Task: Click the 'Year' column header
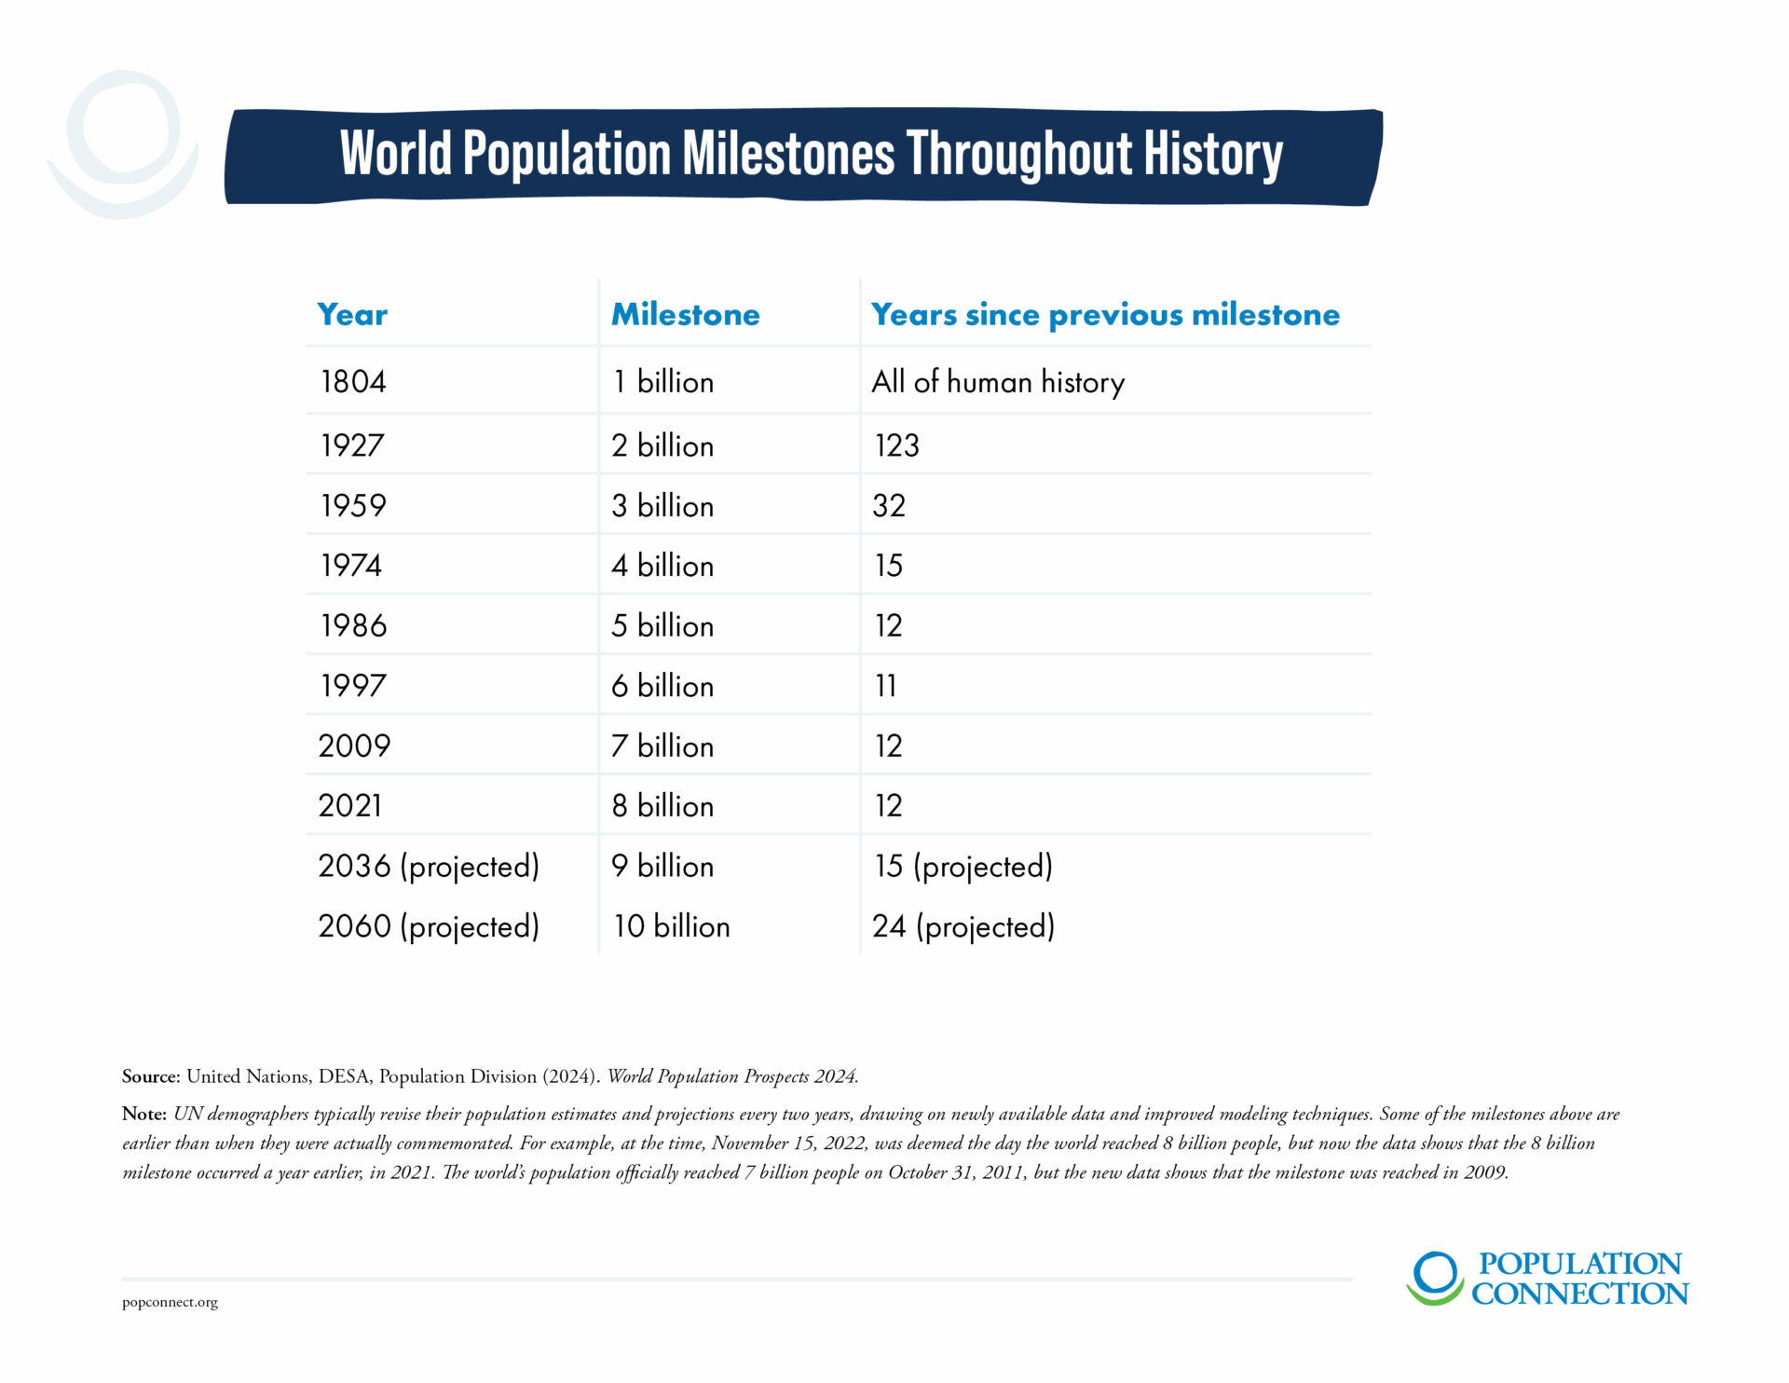352,315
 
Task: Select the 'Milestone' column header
686,315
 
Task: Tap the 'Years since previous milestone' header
1105,315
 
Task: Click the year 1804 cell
353,382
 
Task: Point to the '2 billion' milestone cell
662,445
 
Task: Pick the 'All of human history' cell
998,382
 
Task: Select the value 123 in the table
896,445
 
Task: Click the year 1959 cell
353,506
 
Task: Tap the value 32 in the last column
889,506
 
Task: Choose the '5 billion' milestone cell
662,626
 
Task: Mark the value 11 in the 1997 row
885,687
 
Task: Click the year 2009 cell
354,746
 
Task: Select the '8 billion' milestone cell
662,806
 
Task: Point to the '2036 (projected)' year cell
429,867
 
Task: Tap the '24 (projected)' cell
963,927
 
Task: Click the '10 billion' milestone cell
671,927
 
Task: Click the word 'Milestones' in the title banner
788,154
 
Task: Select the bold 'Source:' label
151,1076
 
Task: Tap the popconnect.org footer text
170,1303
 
